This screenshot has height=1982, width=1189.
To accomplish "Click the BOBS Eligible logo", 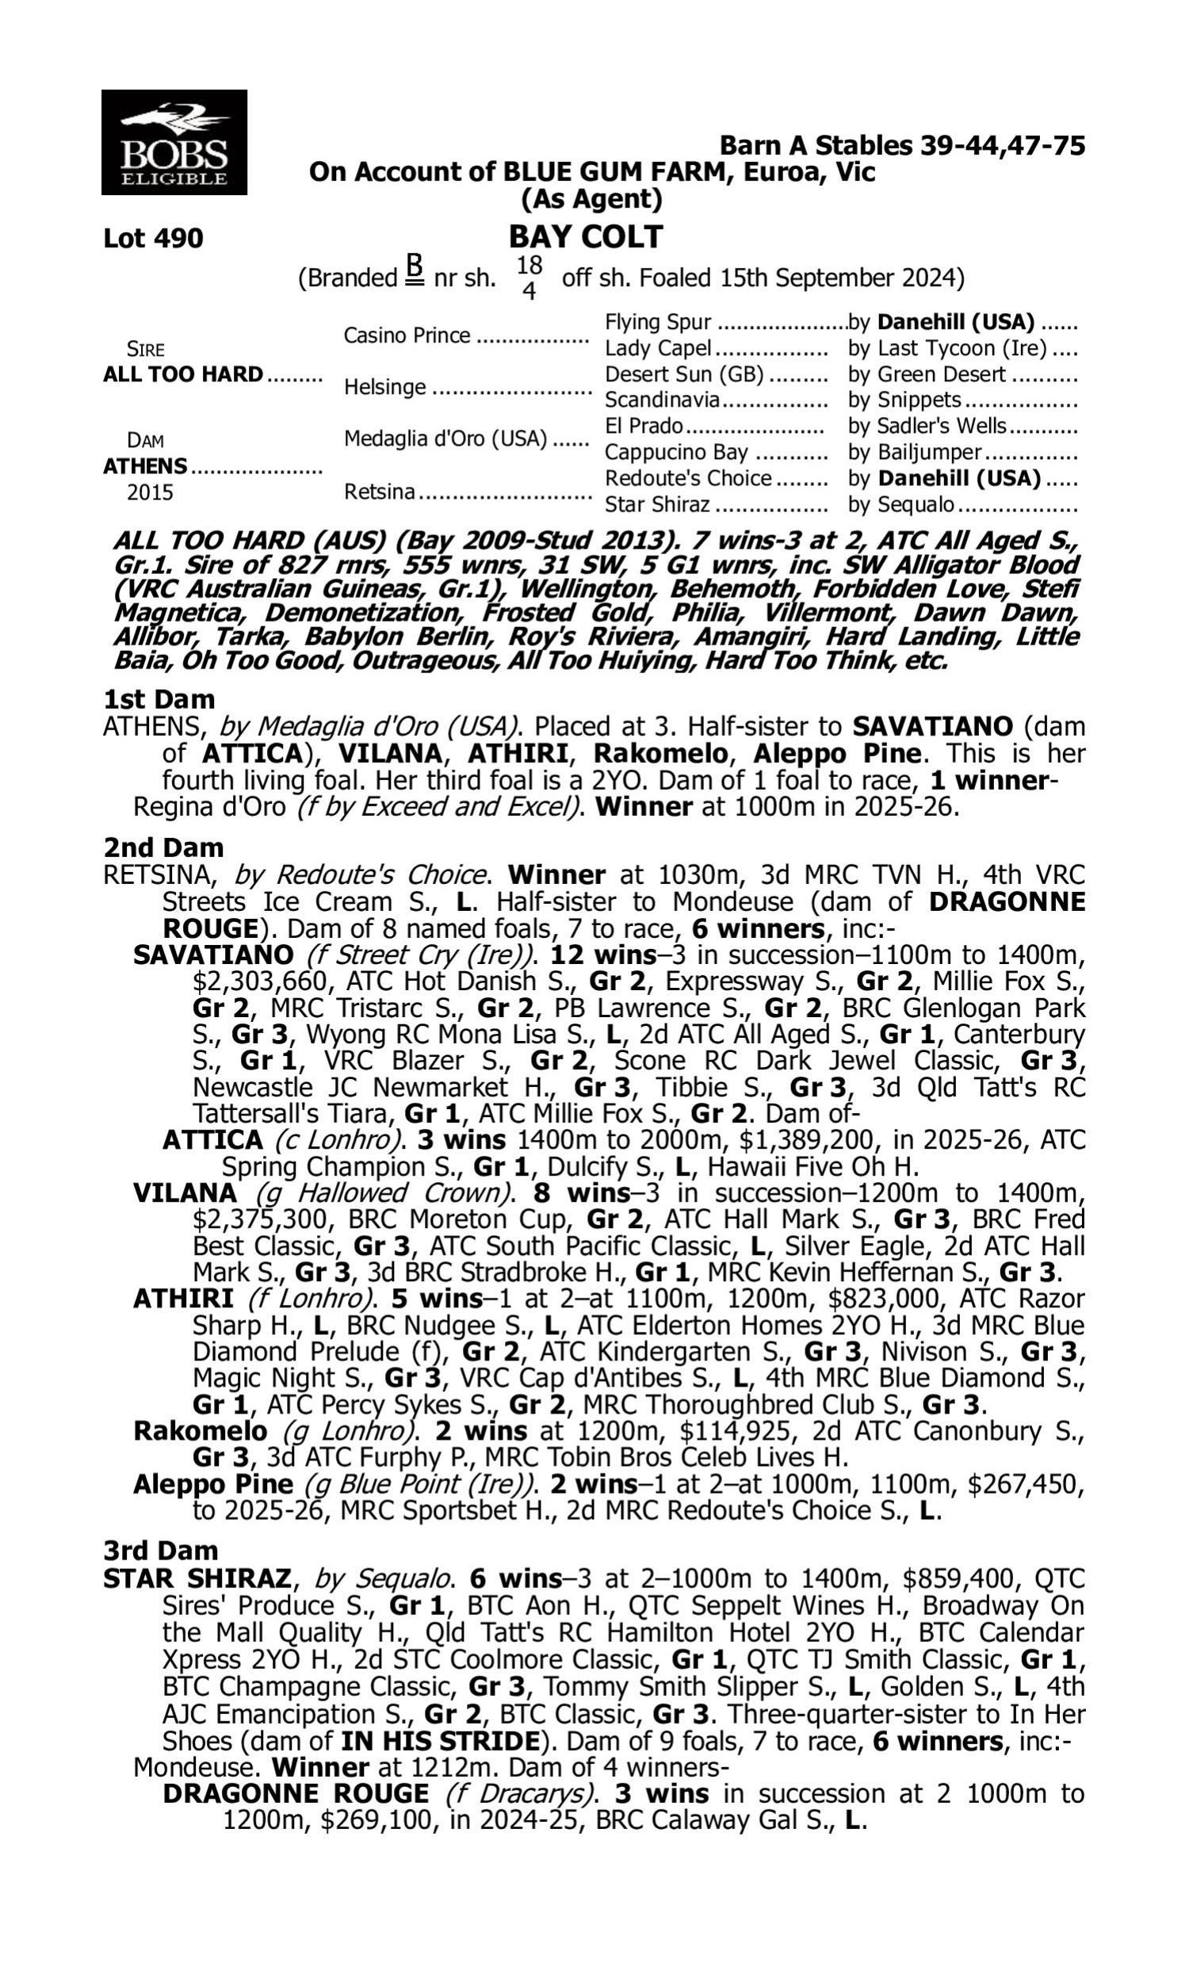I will (x=174, y=142).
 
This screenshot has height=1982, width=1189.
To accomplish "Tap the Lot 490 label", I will (x=153, y=238).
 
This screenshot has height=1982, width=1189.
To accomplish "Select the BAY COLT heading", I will (x=586, y=236).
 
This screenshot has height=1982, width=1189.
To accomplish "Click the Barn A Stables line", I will (x=902, y=146).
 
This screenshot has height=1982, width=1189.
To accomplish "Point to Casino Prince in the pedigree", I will (x=407, y=335).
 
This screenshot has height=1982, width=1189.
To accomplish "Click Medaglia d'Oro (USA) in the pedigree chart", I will (x=445, y=439).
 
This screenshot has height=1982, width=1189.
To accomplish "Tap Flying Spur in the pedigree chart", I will (x=658, y=322).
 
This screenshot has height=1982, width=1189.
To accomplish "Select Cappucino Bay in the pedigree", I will (x=676, y=453).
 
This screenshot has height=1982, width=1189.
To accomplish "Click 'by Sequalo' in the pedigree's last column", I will (x=901, y=505).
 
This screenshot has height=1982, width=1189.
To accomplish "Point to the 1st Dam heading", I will (x=159, y=699).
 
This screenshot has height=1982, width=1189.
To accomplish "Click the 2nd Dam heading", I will (x=163, y=848).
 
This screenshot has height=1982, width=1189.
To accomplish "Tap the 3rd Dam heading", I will (x=161, y=1551).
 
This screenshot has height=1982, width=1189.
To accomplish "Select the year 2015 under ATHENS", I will (x=150, y=492).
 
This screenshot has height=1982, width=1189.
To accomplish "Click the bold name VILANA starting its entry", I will (x=185, y=1193).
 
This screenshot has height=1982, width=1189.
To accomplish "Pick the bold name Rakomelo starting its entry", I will (x=201, y=1431).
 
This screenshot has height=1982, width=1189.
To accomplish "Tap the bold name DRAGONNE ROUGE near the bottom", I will (x=296, y=1793).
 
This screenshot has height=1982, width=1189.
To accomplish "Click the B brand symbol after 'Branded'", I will (x=414, y=270).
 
